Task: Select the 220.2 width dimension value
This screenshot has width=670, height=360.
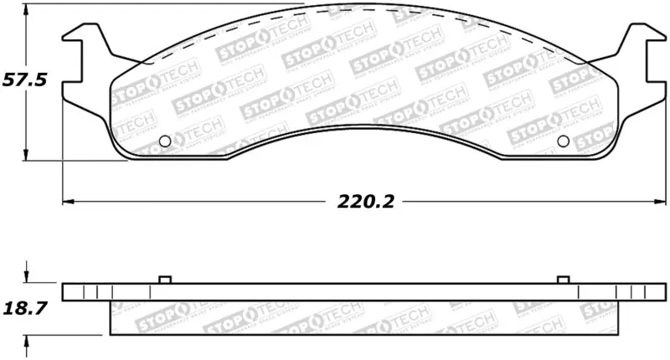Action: click(366, 202)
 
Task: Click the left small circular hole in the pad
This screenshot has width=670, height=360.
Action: click(164, 140)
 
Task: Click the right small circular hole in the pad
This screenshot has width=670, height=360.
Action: click(563, 140)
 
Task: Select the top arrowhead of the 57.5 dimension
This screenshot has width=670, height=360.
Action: click(28, 8)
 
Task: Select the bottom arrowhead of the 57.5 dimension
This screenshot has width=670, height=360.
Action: click(28, 156)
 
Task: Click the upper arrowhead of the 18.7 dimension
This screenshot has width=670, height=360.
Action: click(28, 279)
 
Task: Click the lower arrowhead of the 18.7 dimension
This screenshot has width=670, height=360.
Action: click(28, 339)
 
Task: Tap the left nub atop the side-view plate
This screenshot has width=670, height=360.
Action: click(164, 280)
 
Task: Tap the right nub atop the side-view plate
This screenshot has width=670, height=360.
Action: click(563, 280)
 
